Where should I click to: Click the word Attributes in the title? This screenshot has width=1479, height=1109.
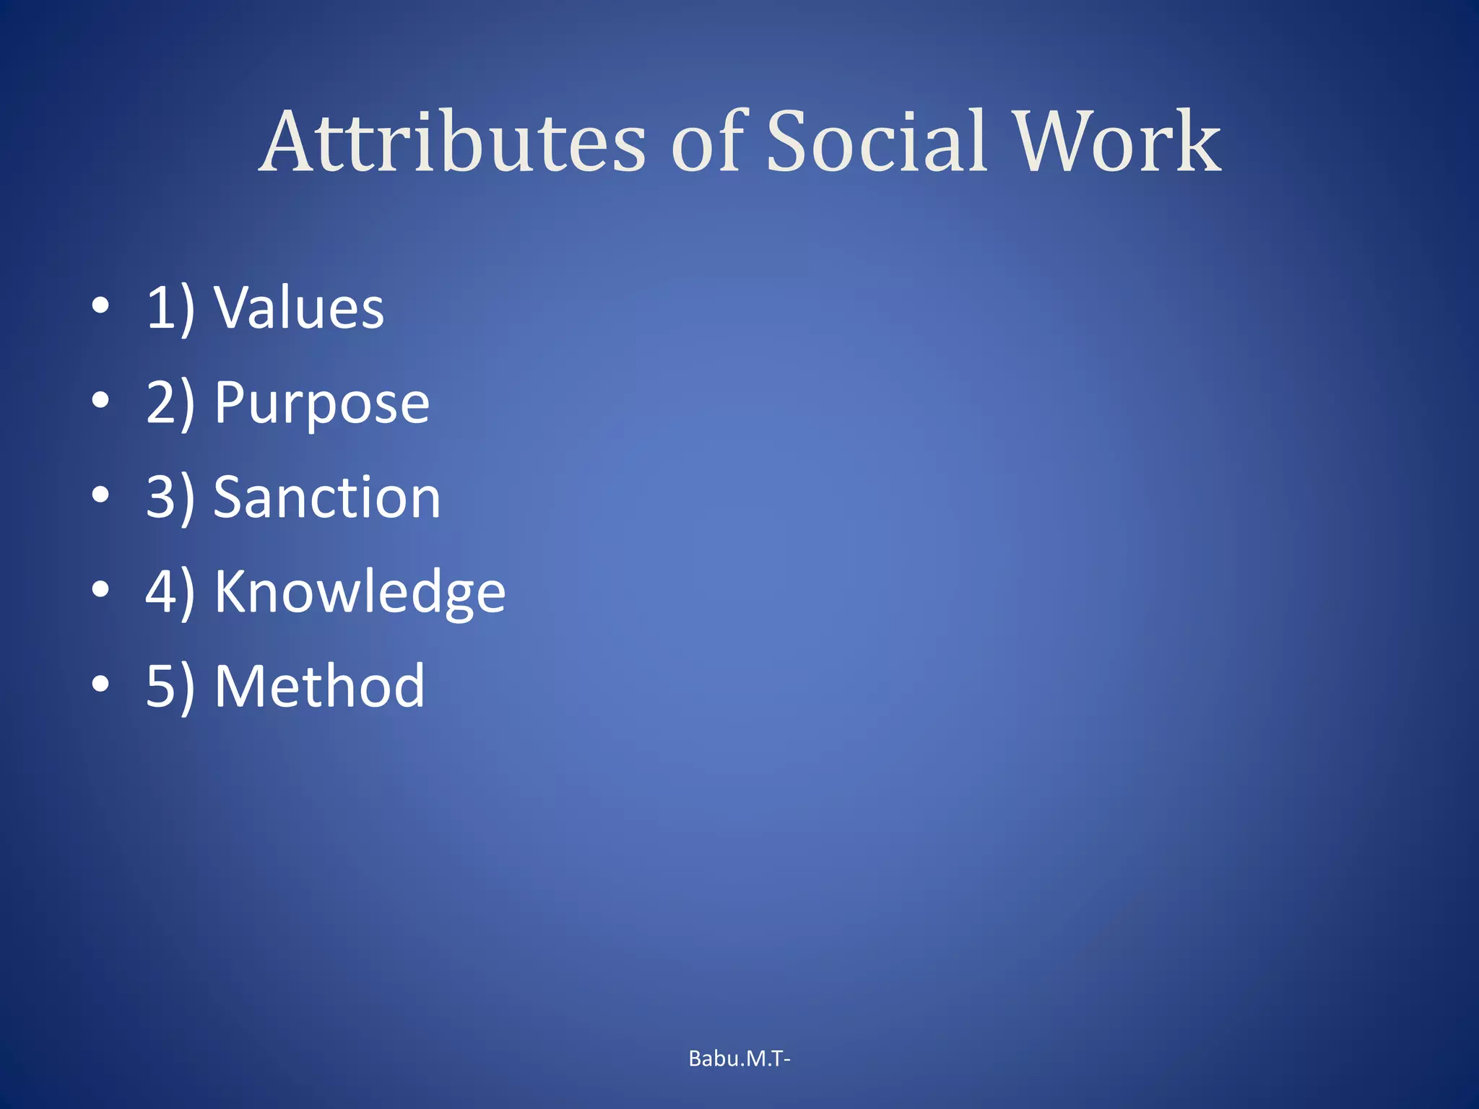pyautogui.click(x=453, y=142)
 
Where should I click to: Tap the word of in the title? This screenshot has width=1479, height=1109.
pyautogui.click(x=707, y=142)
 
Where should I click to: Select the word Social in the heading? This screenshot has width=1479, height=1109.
pyautogui.click(x=876, y=142)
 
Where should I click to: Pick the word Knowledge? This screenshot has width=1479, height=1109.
pyautogui.click(x=360, y=592)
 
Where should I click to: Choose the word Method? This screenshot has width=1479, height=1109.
pyautogui.click(x=319, y=686)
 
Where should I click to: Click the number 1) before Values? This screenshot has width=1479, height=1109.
pyautogui.click(x=170, y=309)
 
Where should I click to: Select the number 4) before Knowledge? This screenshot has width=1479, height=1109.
pyautogui.click(x=170, y=592)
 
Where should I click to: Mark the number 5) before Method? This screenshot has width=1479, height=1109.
pyautogui.click(x=170, y=686)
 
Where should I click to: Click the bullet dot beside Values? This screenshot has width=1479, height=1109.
pyautogui.click(x=101, y=306)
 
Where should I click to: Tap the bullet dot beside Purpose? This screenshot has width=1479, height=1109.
pyautogui.click(x=101, y=400)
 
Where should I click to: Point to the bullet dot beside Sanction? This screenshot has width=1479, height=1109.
pyautogui.click(x=101, y=495)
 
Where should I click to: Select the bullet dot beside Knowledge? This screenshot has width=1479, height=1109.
pyautogui.click(x=101, y=589)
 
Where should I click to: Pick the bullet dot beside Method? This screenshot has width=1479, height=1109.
pyautogui.click(x=101, y=683)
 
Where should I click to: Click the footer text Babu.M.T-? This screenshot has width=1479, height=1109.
pyautogui.click(x=739, y=1058)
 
